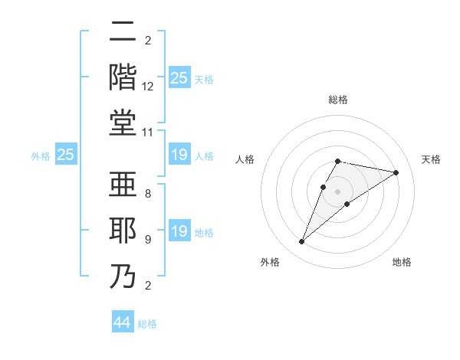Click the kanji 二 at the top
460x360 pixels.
(x=123, y=33)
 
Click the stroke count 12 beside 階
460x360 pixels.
(x=148, y=86)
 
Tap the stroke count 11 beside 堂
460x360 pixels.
(x=148, y=132)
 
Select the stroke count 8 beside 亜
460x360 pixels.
(x=148, y=194)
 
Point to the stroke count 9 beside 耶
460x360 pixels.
(x=148, y=239)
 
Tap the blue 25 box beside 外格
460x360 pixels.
(x=65, y=155)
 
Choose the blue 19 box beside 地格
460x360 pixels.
(x=179, y=232)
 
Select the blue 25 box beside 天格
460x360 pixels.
(x=179, y=78)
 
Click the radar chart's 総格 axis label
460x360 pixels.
(x=338, y=100)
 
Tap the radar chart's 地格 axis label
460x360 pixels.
(x=402, y=262)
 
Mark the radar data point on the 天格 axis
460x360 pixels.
(x=396, y=172)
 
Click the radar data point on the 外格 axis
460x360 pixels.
(x=301, y=242)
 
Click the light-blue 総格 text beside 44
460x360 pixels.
(x=147, y=324)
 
